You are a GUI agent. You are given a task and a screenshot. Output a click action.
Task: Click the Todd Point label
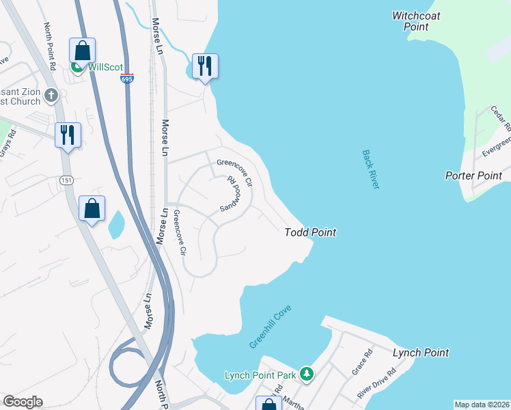coord(310,232)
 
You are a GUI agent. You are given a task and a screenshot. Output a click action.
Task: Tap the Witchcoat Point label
coord(416,20)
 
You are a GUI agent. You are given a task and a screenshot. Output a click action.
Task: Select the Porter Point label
coord(473,176)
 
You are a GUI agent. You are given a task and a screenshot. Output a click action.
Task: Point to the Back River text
coord(370,170)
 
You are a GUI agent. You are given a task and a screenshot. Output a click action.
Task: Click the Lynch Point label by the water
coord(421,353)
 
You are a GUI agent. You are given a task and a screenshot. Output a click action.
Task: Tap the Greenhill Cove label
coord(271,327)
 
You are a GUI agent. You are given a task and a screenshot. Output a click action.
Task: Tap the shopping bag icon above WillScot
coord(82,51)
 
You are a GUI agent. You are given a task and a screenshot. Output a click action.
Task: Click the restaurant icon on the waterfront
coord(205,66)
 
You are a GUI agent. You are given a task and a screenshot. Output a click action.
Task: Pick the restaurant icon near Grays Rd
coord(68,135)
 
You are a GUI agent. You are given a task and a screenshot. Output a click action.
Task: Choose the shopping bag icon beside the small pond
coord(92,208)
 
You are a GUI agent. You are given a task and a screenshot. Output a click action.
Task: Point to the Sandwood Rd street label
coord(232,194)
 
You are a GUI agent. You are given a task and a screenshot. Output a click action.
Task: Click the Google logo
coord(23,402)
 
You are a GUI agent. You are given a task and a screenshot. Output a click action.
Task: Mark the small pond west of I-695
coord(116,223)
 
